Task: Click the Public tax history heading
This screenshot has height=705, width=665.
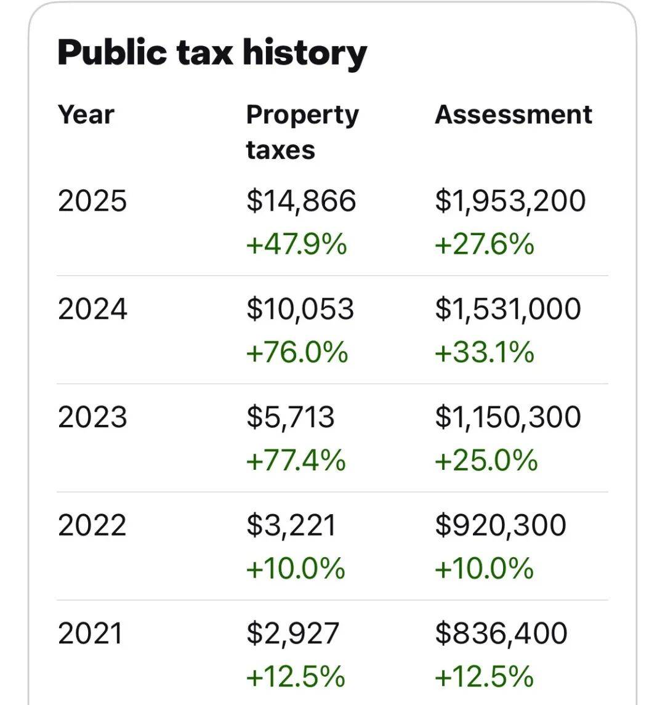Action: pos(212,52)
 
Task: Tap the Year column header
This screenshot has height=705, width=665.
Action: pos(86,115)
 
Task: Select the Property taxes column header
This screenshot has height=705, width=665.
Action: pos(302,132)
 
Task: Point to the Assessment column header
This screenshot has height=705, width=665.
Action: pos(513,115)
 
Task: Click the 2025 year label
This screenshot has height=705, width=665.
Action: pos(92,201)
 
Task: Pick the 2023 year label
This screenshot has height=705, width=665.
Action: pos(92,417)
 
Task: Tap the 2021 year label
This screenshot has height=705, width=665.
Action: pos(91,634)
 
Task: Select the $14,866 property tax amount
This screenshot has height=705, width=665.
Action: pos(301,201)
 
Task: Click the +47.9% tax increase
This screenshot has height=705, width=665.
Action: pos(296,244)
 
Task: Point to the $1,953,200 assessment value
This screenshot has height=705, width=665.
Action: pos(510,201)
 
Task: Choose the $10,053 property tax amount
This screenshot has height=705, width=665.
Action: pos(300,309)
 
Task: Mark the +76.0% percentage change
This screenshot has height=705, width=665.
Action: pos(297,352)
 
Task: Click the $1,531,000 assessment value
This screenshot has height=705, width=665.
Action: pos(508,309)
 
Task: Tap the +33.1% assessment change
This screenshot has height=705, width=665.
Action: pos(484,352)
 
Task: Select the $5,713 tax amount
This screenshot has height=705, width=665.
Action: pos(291,417)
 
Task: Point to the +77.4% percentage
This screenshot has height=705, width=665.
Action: pos(296,460)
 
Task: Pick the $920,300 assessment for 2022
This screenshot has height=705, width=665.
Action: pos(501,525)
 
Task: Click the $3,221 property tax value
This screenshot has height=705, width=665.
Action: pos(291,525)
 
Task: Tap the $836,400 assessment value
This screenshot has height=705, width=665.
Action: pos(501,634)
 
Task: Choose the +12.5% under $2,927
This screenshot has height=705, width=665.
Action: pos(296,677)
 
